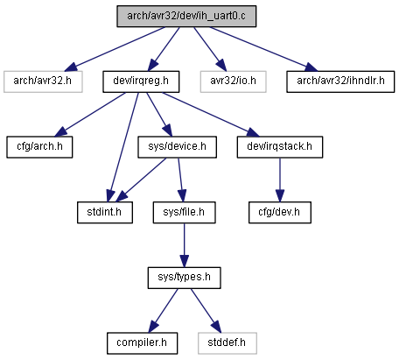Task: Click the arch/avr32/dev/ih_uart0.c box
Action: tap(186, 17)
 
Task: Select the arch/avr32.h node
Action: tap(43, 81)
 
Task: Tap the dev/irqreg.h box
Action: tap(141, 81)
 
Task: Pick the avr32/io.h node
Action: tap(233, 81)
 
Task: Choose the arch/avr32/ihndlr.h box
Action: tap(340, 81)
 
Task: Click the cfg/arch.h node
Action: tap(39, 147)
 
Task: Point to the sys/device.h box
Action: tap(177, 147)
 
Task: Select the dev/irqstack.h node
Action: tap(280, 147)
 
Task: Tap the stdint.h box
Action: tap(105, 213)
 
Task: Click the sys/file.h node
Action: tap(184, 213)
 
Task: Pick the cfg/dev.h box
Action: tap(280, 213)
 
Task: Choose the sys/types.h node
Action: tap(184, 278)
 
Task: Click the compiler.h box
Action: tap(142, 343)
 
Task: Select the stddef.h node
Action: tap(227, 343)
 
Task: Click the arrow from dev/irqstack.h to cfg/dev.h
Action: tap(280, 180)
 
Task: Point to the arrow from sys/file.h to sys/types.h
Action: tap(184, 245)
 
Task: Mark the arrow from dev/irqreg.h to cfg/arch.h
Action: tap(90, 115)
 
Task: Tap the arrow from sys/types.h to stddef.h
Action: tap(206, 311)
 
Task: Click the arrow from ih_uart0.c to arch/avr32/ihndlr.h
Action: tap(263, 49)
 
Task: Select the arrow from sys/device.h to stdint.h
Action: tap(141, 180)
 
